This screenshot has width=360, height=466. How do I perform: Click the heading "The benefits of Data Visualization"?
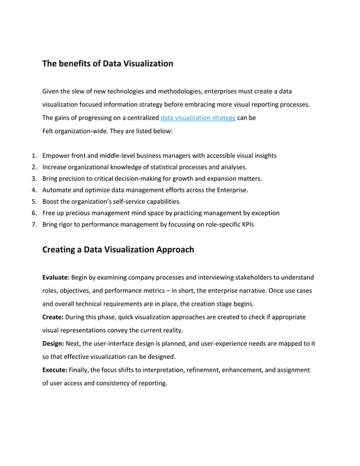[x=107, y=64]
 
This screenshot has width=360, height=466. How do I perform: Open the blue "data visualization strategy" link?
[x=197, y=118]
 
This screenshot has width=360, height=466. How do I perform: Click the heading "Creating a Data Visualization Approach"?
[x=118, y=249]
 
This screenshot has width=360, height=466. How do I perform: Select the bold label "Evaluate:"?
[x=56, y=278]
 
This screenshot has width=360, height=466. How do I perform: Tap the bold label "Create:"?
[x=54, y=317]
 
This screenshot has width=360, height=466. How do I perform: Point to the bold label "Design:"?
[x=54, y=343]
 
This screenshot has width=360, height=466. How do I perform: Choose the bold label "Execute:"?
[x=55, y=370]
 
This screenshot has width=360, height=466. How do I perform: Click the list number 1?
[x=34, y=156]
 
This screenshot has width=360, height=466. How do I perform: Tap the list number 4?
[x=34, y=190]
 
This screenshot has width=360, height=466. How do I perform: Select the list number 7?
[x=34, y=225]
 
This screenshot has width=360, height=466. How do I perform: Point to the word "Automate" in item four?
[x=58, y=190]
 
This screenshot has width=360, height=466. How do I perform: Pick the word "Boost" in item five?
[x=51, y=201]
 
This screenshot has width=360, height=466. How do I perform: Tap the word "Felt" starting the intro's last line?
[x=49, y=131]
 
